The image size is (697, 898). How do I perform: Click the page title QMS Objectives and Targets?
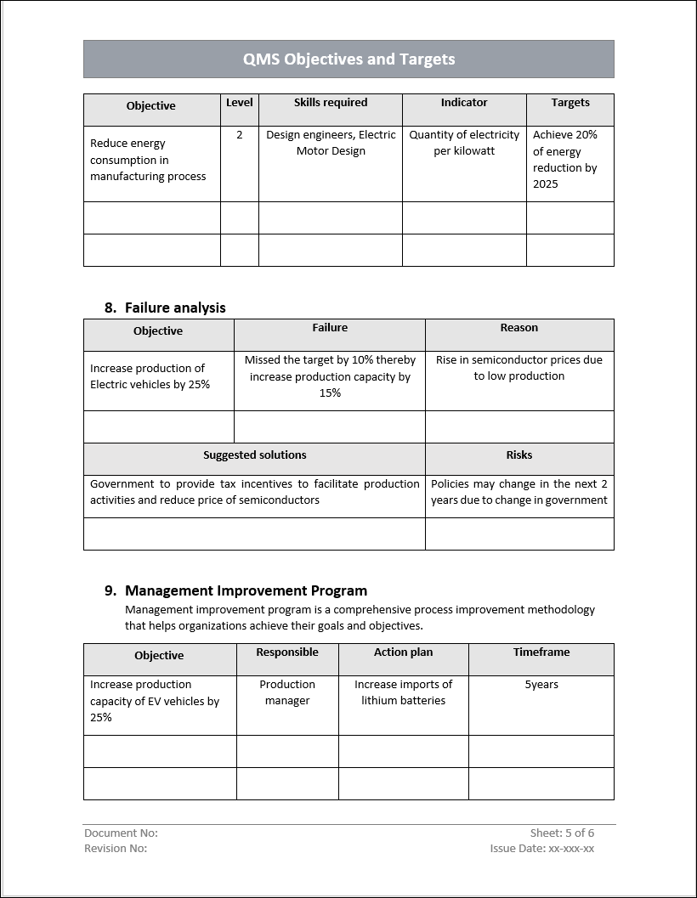coord(348,59)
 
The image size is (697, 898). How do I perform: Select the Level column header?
coord(240,103)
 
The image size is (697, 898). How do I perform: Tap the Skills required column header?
coord(331,103)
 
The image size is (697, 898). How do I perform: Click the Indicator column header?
coord(464,103)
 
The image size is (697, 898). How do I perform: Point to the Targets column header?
coord(570,103)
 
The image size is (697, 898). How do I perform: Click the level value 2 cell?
coord(240,135)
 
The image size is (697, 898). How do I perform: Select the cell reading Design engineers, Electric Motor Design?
coord(331,143)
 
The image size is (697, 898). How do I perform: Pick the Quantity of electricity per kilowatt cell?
coord(464,143)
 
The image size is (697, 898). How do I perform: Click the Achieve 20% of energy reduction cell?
coord(566,159)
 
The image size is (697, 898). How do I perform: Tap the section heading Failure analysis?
coord(175,308)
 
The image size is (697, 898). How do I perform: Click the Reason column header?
coord(519,328)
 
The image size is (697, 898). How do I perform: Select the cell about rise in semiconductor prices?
coord(519,368)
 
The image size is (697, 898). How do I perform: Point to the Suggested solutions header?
coord(255,455)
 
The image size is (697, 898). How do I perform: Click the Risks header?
coord(519,455)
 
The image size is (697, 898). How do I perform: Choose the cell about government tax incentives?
coord(255,492)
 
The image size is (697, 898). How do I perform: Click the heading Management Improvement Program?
coord(246,590)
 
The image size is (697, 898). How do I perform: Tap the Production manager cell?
coord(287,692)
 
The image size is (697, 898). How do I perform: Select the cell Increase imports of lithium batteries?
coord(404,692)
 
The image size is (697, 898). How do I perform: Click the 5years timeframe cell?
coord(541,685)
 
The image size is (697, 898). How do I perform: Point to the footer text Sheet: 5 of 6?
coord(562,833)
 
